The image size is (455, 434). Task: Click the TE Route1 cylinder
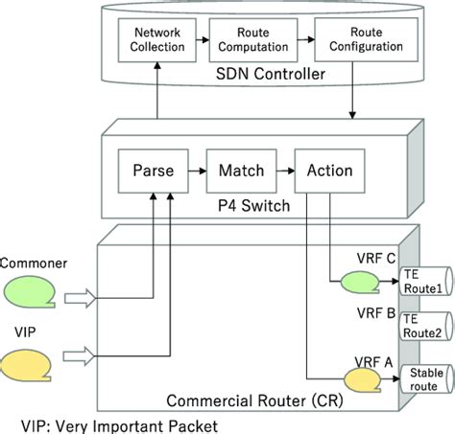[x=422, y=281]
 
